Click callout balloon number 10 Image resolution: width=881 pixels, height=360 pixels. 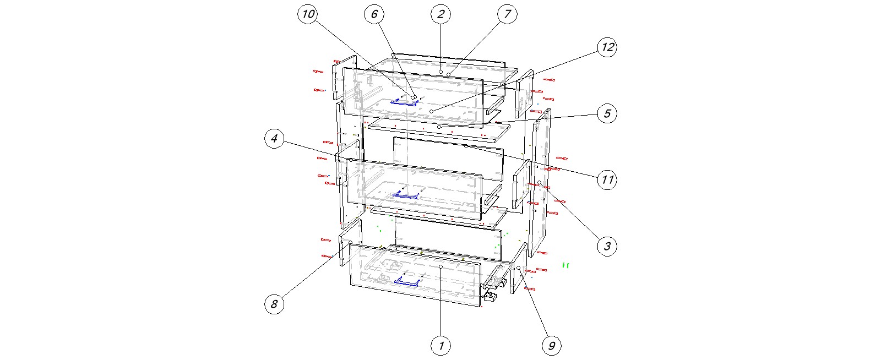click(308, 14)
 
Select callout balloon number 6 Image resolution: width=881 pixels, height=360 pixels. click(374, 14)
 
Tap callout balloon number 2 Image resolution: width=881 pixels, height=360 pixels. click(440, 14)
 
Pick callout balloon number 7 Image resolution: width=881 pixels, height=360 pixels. click(507, 14)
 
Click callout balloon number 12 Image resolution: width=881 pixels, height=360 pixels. click(607, 47)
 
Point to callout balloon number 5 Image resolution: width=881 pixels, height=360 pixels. click(607, 113)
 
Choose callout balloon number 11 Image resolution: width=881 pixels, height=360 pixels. click(607, 180)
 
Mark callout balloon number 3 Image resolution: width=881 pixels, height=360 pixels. click(607, 247)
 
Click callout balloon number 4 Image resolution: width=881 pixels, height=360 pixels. click(274, 139)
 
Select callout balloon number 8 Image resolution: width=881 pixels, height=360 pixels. click(274, 304)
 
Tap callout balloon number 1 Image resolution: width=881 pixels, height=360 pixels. click(440, 346)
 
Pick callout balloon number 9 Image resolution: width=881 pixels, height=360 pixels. click(551, 346)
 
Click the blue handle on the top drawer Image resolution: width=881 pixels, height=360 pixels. click(404, 102)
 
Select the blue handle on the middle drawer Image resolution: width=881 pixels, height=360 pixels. click(405, 195)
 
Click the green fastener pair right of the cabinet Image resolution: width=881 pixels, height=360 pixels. click(565, 265)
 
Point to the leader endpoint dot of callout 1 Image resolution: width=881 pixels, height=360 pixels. click(441, 266)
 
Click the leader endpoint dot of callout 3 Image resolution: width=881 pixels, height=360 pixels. click(539, 182)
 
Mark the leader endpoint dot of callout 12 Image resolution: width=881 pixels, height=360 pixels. click(432, 112)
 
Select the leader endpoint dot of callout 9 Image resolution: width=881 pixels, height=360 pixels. click(518, 268)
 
